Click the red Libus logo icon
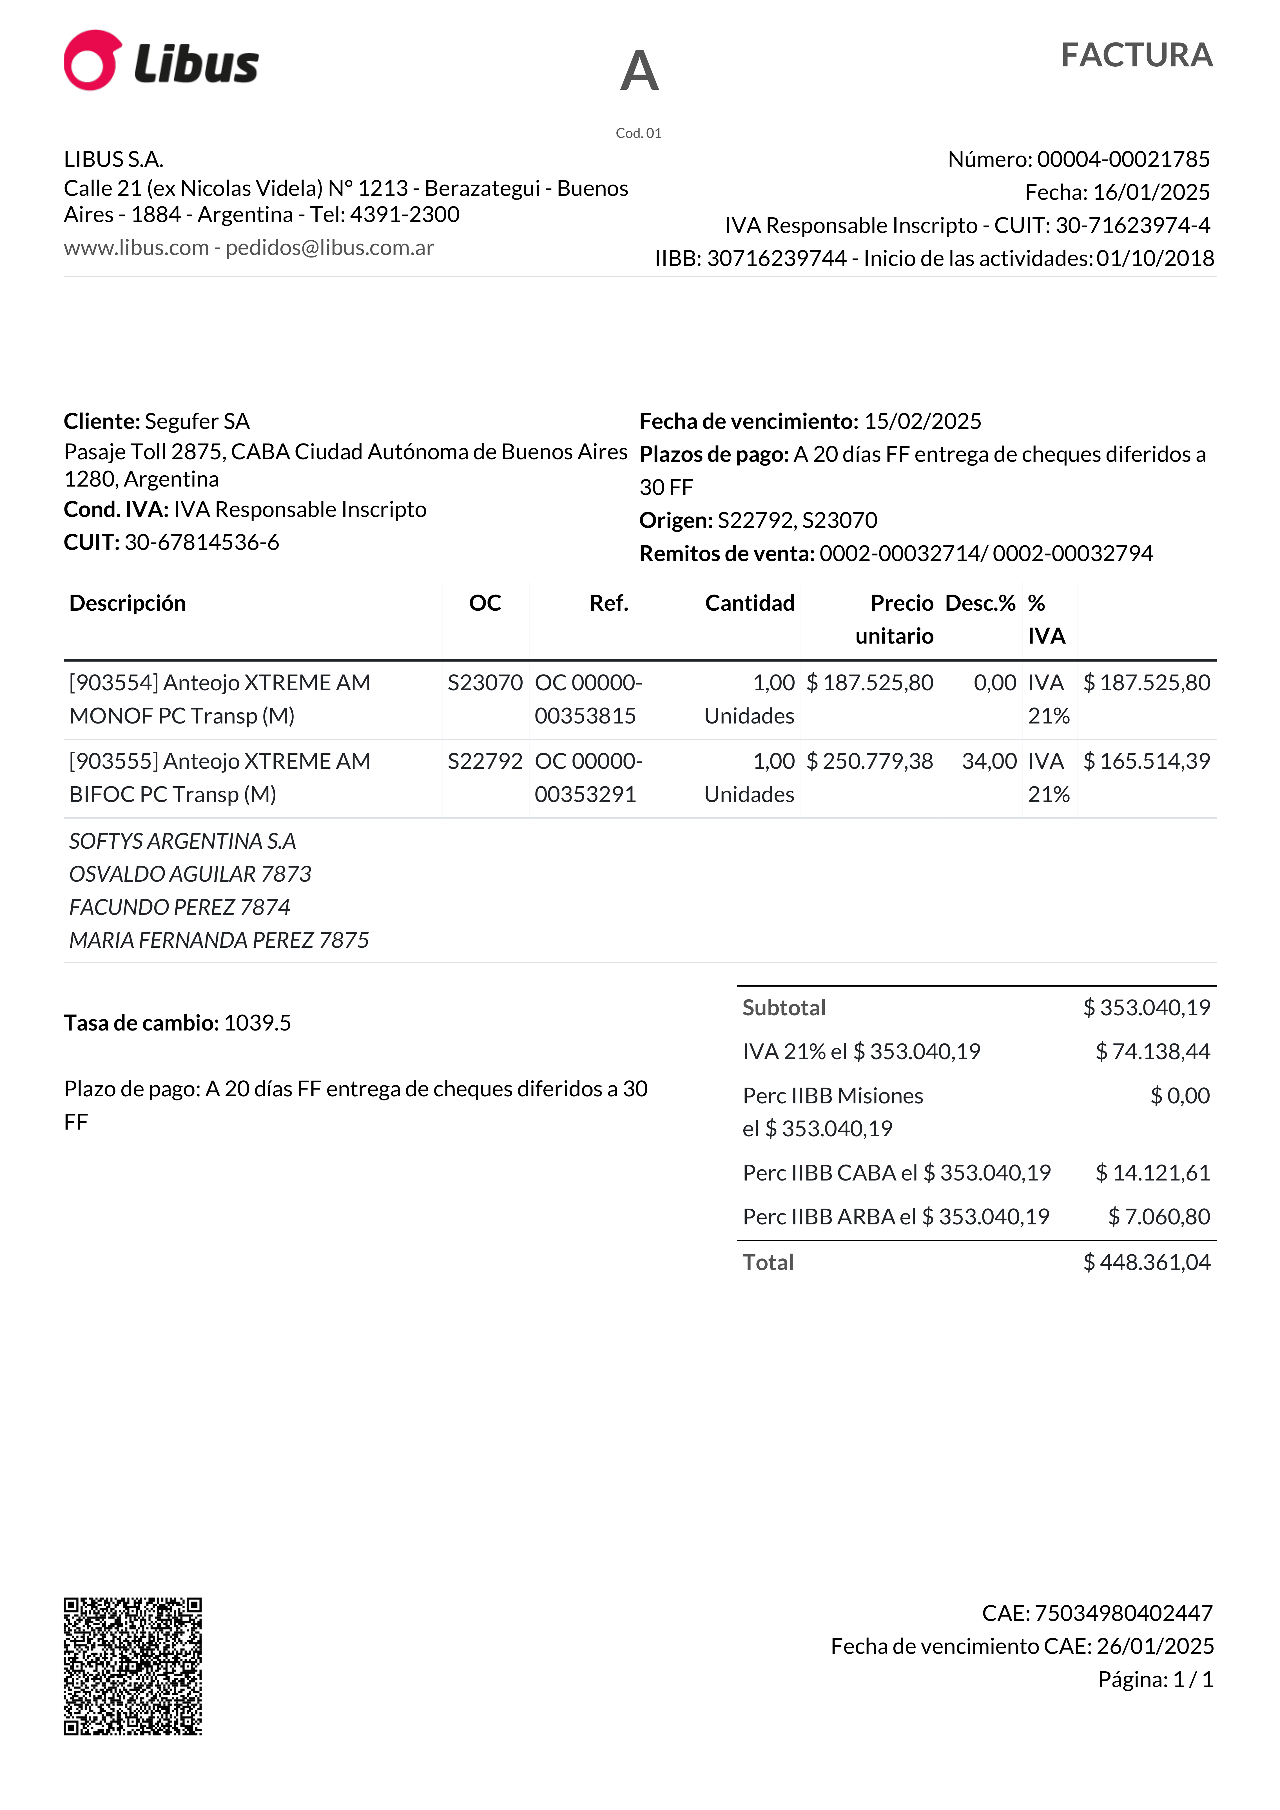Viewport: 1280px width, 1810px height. point(92,61)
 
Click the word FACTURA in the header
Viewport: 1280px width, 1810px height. point(1136,55)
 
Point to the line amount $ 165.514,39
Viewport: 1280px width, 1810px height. point(1146,761)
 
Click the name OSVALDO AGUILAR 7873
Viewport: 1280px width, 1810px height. point(190,874)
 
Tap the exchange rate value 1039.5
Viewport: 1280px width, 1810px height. point(257,1023)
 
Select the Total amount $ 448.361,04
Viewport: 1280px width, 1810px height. point(1146,1263)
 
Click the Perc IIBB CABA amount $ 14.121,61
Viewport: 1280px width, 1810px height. point(1152,1173)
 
